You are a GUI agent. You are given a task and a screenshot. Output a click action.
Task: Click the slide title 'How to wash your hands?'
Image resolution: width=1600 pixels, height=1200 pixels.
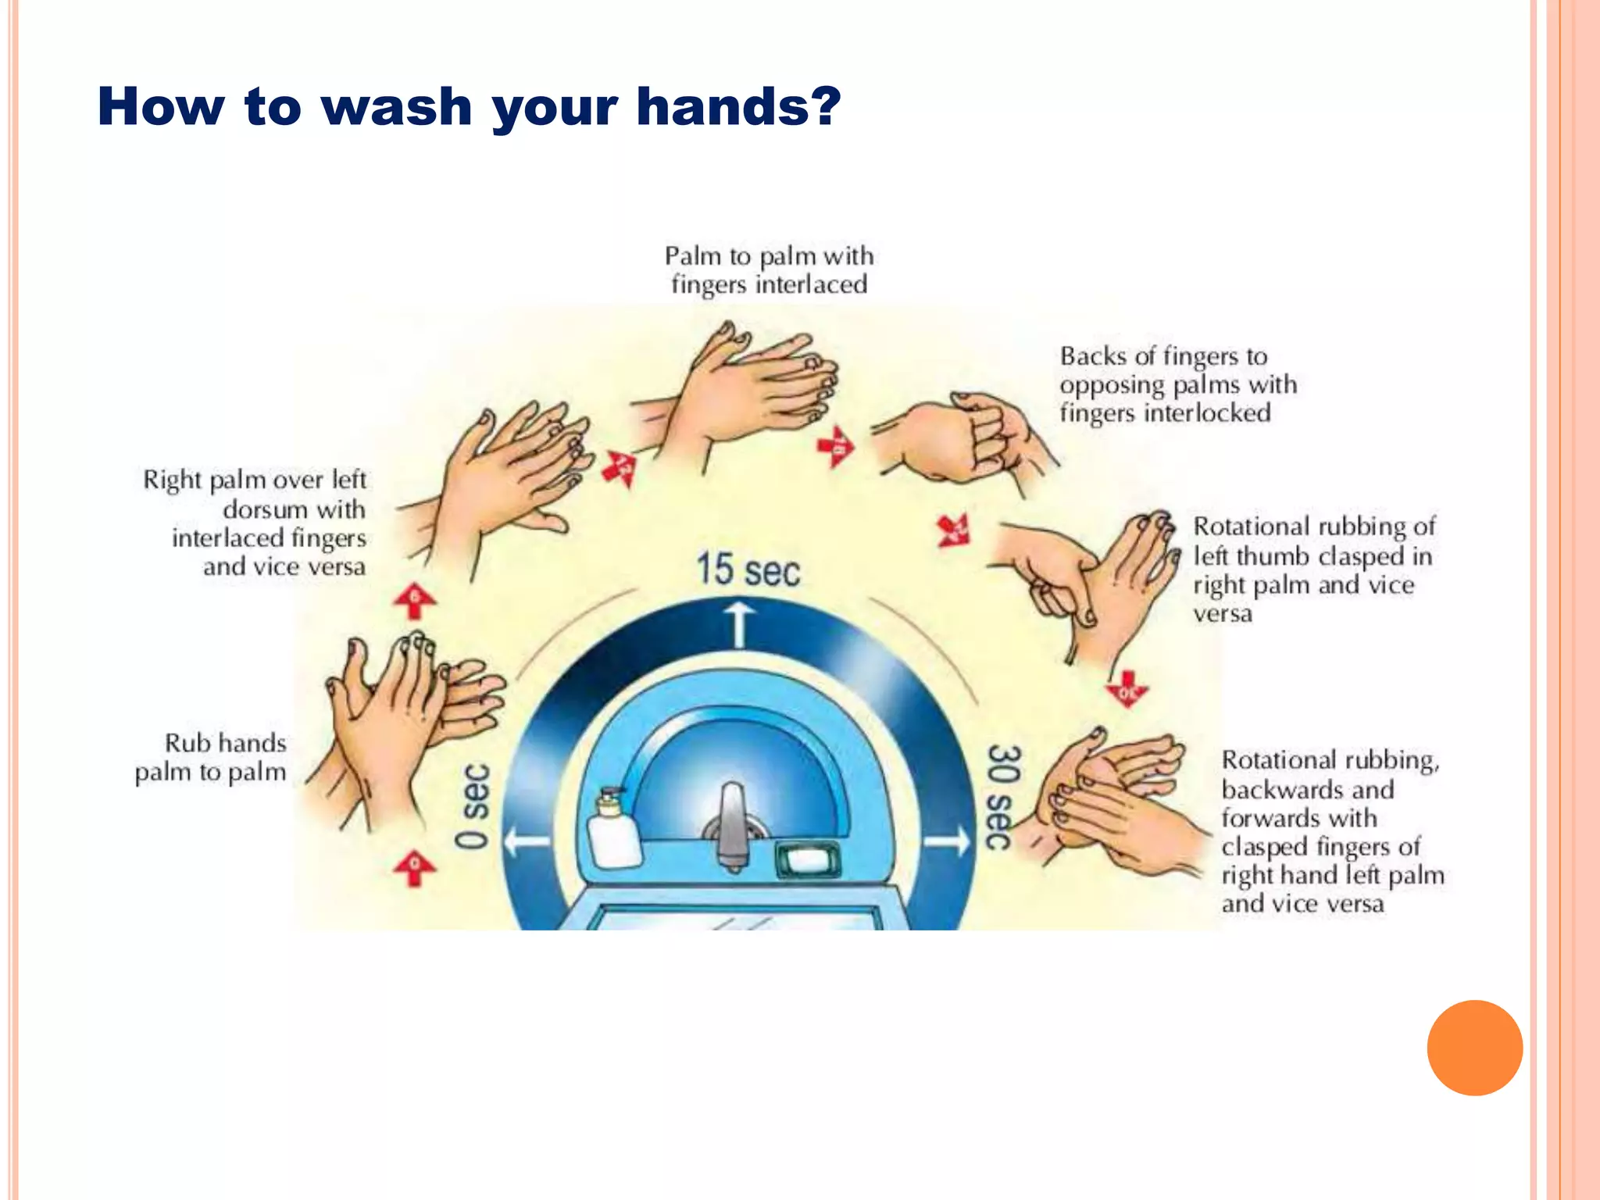tap(469, 106)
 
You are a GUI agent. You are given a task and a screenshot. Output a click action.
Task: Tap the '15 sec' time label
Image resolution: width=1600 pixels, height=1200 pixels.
tap(748, 570)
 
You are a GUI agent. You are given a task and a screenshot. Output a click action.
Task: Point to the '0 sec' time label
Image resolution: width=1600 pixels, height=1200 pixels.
tap(473, 805)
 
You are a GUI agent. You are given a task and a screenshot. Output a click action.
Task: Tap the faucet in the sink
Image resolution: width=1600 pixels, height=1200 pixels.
tap(733, 828)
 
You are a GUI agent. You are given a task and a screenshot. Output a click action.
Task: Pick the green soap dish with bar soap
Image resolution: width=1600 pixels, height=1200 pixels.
tap(808, 860)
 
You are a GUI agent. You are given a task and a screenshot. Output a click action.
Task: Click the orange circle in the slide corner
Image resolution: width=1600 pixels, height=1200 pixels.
tap(1474, 1048)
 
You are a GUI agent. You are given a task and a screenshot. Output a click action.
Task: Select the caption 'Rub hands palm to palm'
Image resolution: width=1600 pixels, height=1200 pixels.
tap(211, 757)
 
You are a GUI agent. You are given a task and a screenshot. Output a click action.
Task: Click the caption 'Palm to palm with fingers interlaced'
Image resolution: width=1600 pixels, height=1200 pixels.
tap(769, 270)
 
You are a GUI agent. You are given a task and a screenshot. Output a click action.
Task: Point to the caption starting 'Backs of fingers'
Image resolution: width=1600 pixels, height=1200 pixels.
tap(1177, 384)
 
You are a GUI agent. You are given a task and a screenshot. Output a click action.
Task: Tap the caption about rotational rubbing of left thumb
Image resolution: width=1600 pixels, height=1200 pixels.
tap(1312, 570)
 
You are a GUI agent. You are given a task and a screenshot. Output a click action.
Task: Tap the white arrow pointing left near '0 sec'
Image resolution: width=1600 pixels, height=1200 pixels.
tap(527, 842)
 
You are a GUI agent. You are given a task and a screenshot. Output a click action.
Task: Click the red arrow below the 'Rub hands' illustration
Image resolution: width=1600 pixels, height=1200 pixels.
tap(414, 868)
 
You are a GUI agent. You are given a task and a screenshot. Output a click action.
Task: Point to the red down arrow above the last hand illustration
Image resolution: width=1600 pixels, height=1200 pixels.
tap(1127, 688)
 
